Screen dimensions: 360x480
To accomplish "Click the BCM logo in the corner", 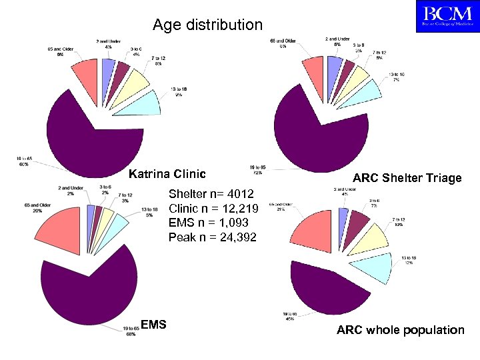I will click(x=446, y=17).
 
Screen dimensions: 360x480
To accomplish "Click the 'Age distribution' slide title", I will click(x=207, y=25).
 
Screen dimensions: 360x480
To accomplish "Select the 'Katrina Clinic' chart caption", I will click(x=167, y=175).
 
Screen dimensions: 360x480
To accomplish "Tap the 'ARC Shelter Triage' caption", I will click(x=407, y=178).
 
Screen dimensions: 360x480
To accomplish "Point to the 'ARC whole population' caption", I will click(x=400, y=330).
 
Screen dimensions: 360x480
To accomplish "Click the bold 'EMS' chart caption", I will click(x=153, y=325).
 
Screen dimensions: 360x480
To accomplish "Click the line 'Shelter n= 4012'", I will click(x=211, y=194).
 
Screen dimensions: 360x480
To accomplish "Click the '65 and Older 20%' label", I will click(x=33, y=207).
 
